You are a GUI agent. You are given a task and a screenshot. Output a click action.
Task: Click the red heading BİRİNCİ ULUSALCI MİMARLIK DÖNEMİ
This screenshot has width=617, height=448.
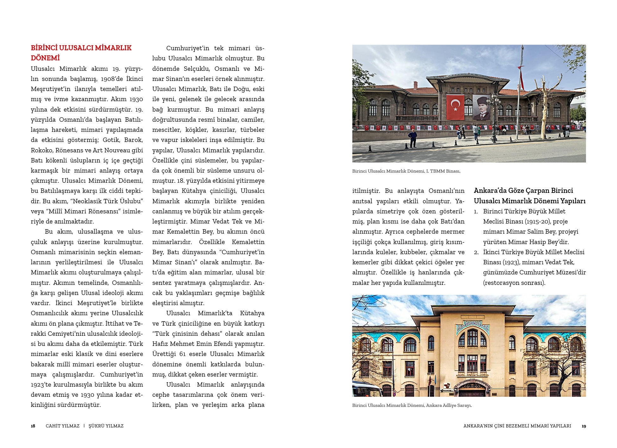coord(81,53)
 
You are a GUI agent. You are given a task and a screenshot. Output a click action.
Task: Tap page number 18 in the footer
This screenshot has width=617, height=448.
coord(33,426)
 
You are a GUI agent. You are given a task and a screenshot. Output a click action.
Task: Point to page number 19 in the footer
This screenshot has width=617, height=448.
coord(584,426)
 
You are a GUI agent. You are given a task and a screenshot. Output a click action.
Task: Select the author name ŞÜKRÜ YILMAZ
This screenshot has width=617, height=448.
coord(106,426)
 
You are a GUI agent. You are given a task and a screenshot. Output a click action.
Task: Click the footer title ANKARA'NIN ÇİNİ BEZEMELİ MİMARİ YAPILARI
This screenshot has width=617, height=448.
coord(517,426)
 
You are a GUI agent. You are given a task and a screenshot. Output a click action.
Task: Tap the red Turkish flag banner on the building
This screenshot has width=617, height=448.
coord(455,107)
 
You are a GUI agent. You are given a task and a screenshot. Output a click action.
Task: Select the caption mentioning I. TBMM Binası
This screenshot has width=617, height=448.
coord(406,171)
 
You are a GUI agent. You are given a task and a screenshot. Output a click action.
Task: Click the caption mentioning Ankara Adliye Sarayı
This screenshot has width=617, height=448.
coord(412,405)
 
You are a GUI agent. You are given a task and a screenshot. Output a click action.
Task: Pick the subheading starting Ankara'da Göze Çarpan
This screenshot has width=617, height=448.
coord(529,196)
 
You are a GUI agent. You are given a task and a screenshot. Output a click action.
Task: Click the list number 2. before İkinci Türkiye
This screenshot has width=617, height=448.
coord(476,252)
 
